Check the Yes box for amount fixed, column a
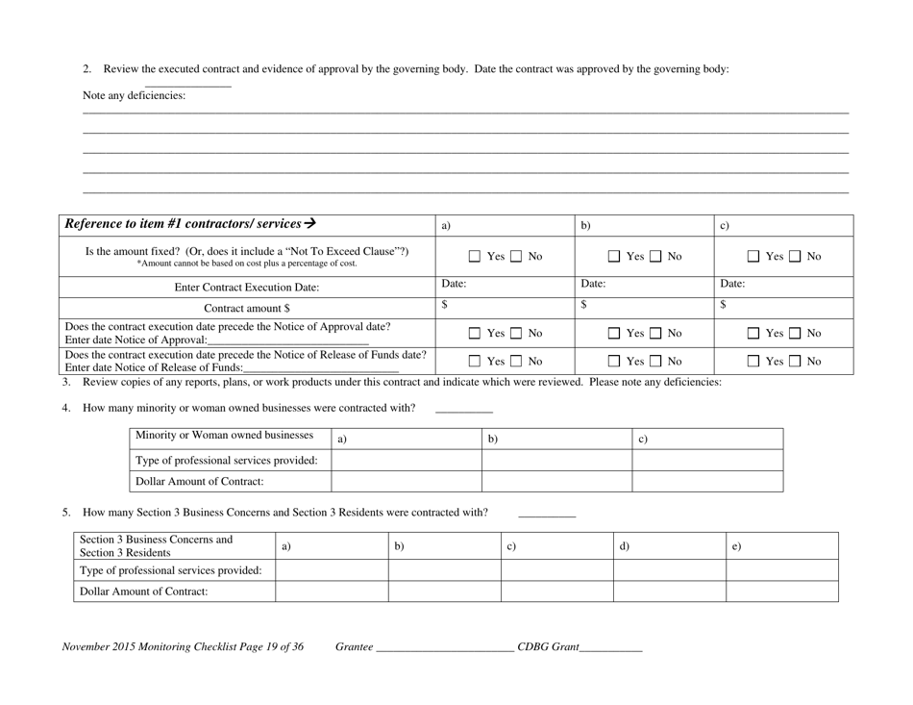point(475,257)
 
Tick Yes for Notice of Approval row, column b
point(614,333)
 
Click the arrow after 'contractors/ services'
point(309,223)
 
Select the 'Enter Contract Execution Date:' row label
point(246,287)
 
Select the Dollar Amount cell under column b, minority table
point(555,481)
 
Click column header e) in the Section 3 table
point(783,545)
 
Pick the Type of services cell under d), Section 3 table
point(669,569)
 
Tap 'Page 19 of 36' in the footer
point(259,647)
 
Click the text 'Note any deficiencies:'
point(135,95)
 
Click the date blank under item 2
point(187,85)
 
